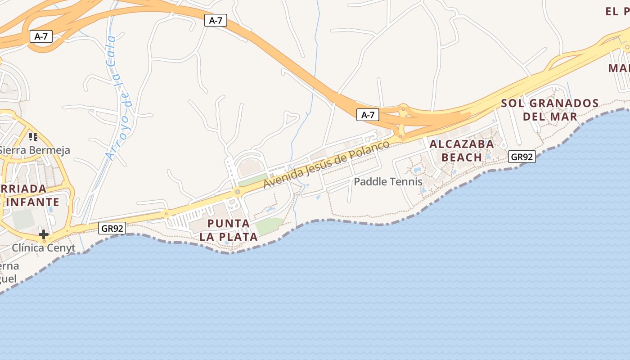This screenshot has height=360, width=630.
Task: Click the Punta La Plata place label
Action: coord(229,230)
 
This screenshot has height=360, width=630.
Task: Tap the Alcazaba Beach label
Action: coord(462,151)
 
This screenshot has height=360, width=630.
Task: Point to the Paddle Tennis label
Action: coord(388,182)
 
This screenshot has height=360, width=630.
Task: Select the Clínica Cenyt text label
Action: coord(44,248)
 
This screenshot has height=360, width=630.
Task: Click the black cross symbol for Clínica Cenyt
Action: coord(44,234)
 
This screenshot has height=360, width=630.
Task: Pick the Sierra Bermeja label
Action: coord(35,150)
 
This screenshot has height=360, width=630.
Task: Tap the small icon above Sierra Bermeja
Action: coord(33,136)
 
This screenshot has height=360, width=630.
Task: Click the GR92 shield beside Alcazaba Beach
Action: coord(522,157)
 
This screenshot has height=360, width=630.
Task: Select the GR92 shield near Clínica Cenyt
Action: coord(112,228)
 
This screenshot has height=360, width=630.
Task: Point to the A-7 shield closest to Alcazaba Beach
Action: coord(368,115)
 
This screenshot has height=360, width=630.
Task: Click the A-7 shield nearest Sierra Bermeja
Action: coord(41,36)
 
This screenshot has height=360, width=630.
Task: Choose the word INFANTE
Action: coord(32,202)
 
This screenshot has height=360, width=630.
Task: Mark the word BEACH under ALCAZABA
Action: coord(462,157)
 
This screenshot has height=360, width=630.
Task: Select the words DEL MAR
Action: coord(550,117)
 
